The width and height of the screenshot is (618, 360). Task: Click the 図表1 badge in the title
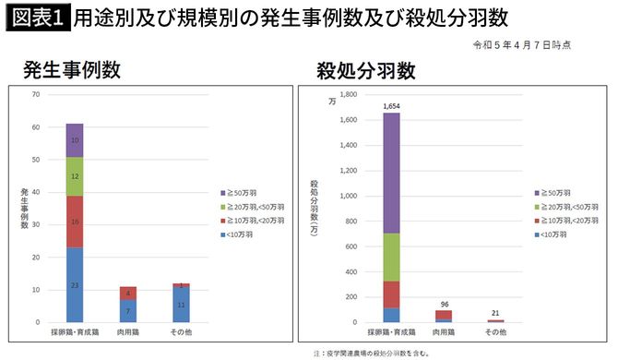coord(38,18)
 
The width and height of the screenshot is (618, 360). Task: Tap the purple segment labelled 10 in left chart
coord(75,140)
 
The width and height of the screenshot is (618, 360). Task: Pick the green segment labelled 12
coord(75,176)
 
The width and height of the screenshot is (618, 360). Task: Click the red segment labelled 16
coord(75,222)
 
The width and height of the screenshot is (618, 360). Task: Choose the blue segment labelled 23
coord(75,284)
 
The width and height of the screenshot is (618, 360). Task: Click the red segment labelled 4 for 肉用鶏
coord(127,294)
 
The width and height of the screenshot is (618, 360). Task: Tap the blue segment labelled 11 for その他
coord(181,305)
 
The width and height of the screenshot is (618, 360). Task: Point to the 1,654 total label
coord(391,106)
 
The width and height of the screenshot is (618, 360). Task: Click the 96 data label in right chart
coord(445,304)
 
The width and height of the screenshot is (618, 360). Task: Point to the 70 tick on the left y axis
coord(35,94)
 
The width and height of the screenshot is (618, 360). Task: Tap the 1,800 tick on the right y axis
coord(346,94)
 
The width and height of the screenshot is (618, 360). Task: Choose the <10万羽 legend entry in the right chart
coord(553,234)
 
